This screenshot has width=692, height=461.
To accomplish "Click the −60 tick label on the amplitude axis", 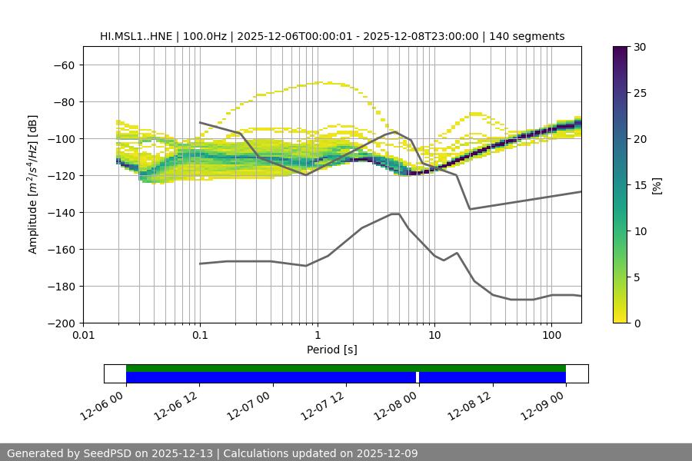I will [x=63, y=65].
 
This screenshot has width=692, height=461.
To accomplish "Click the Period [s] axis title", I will [x=332, y=350].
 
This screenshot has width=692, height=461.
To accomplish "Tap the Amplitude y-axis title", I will [x=33, y=184].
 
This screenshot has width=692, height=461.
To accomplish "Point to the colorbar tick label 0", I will [x=637, y=323].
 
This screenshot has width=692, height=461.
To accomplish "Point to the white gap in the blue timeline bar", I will [x=418, y=377].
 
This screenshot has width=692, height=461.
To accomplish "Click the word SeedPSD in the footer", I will [x=104, y=453].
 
